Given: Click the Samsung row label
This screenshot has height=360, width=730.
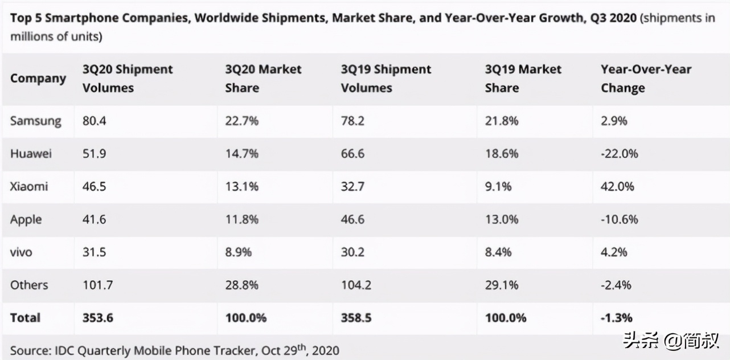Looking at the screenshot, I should coord(35,121).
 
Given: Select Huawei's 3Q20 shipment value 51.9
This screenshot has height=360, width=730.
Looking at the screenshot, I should coord(94,154).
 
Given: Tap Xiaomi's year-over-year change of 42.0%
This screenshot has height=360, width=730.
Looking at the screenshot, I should coord(619,186).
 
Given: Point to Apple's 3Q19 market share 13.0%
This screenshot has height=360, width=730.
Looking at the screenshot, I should coord(502,219).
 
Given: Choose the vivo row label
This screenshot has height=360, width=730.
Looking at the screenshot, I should coord(22,252).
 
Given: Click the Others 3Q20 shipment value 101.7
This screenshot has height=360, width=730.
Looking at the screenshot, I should coord(97,285).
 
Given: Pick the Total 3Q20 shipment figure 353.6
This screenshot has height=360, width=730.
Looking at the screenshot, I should coord(98,318).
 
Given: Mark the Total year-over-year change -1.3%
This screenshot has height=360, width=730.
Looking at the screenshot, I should coord(616,318).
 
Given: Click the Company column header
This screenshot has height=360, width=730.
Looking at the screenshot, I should coord(38,79).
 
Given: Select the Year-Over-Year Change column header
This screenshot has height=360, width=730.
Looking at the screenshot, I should coord(646,79).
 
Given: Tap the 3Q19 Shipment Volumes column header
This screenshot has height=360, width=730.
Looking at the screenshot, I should coord(386,79).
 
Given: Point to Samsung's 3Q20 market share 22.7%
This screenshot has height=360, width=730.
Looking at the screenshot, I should coord(242,121).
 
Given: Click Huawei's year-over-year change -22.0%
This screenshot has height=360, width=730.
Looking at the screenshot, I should coord(619,154).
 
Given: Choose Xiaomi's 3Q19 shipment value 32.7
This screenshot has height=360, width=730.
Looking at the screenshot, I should coord(352,186).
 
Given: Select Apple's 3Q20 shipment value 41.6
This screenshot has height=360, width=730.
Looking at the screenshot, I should coord(94,219).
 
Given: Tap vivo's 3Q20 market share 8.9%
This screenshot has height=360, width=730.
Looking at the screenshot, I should coord(239,252).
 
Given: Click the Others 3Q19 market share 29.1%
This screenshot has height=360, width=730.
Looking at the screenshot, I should coord(502,285).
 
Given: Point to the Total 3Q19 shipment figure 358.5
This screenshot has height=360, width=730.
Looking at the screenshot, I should coord(356,318).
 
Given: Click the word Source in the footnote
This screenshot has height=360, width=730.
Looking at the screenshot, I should coord(28,350).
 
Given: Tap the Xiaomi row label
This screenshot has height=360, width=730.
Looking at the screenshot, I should coord(29,186).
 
